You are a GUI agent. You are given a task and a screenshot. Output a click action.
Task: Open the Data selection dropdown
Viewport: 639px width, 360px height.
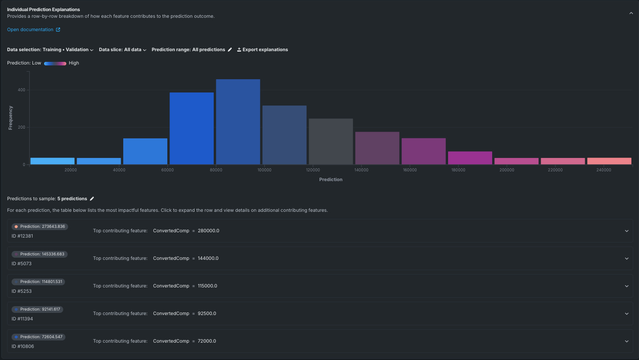[50, 50]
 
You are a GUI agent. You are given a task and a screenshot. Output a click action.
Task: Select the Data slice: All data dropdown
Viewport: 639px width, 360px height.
[122, 50]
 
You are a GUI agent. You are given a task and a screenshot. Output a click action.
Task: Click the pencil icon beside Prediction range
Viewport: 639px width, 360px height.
[230, 50]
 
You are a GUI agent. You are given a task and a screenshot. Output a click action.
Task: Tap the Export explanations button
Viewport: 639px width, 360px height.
[263, 50]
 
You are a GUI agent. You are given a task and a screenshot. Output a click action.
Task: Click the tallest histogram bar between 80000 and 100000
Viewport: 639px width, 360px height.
[238, 122]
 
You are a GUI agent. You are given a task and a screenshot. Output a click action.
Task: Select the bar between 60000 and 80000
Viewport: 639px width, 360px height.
[192, 129]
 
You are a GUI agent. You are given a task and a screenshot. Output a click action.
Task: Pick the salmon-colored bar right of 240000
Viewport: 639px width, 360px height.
[609, 161]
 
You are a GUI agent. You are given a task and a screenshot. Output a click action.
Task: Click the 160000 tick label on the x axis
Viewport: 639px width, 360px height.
[410, 170]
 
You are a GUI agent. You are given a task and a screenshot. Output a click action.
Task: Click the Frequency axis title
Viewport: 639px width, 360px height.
[11, 117]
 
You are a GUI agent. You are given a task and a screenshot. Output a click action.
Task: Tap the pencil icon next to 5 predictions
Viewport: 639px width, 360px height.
[92, 199]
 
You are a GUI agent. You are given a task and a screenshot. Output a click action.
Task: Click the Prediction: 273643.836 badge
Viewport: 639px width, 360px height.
[40, 227]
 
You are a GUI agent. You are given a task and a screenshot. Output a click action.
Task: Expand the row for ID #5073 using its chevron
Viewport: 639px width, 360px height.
[627, 259]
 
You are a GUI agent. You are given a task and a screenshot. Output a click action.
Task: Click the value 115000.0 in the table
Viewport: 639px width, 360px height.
[207, 286]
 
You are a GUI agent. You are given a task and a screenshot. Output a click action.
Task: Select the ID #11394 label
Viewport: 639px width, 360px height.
[22, 319]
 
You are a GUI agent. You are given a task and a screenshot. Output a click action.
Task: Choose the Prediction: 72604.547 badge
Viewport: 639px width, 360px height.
[38, 337]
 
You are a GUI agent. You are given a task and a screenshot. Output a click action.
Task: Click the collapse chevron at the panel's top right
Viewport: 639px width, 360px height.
[631, 13]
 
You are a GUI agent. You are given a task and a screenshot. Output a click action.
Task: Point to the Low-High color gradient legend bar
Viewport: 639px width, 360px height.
[55, 63]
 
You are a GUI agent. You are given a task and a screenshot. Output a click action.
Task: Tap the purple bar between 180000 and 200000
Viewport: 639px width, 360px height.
[470, 158]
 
